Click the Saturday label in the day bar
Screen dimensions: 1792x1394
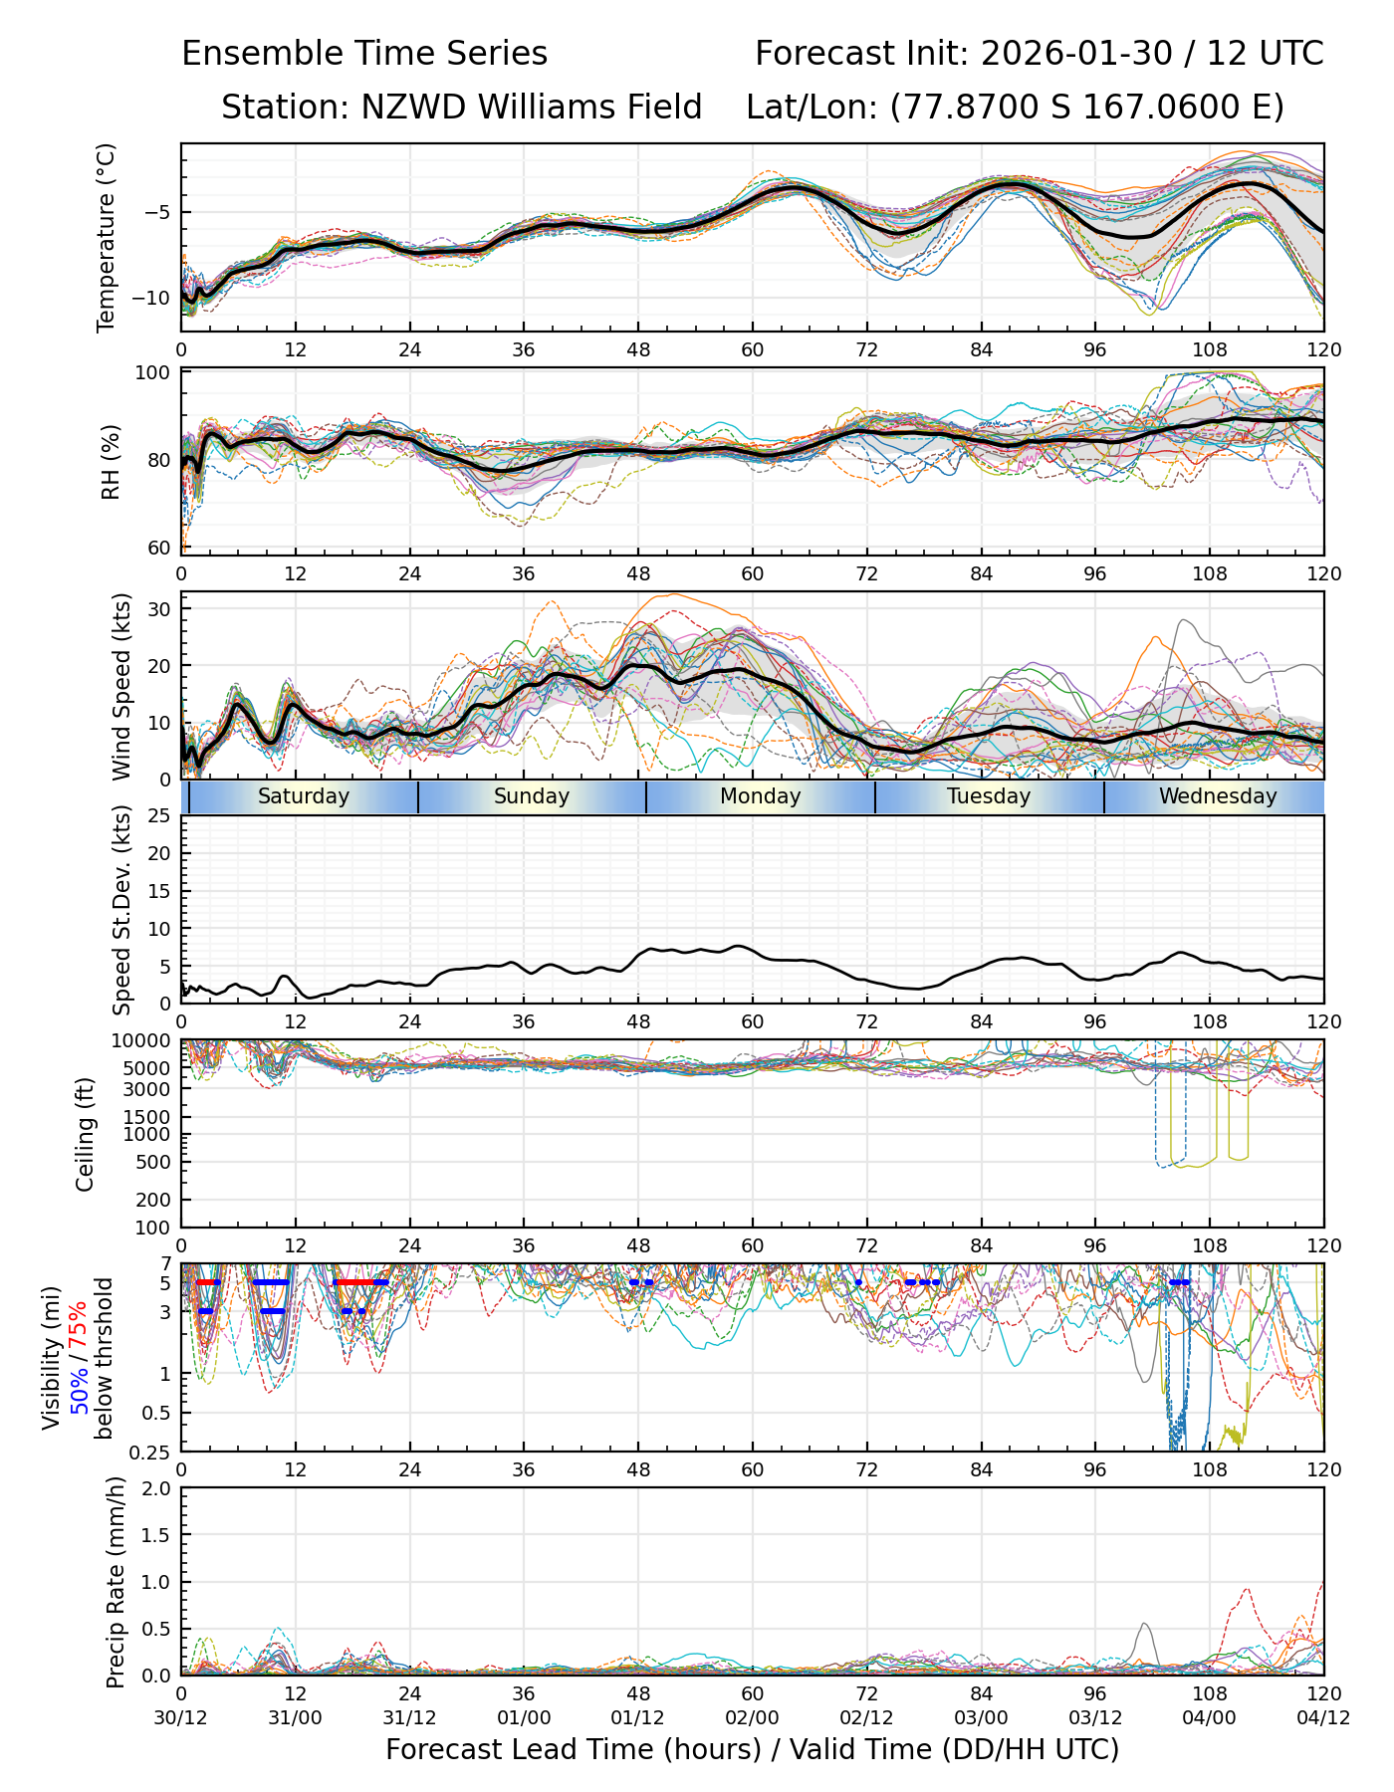304,796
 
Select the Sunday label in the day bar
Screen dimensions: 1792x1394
532,796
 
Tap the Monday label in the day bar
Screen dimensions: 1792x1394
761,796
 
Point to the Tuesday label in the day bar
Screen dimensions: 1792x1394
989,796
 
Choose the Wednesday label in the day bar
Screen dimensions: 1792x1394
1218,796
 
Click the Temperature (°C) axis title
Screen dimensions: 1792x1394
107,237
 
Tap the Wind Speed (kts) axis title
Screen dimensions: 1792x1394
121,686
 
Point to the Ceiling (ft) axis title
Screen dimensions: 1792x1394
86,1134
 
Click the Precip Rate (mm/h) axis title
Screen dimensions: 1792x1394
116,1582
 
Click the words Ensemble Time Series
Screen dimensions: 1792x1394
364,54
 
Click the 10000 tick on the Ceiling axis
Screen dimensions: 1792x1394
145,1041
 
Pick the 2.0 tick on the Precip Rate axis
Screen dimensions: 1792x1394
157,1489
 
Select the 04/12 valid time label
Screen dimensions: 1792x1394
1323,1717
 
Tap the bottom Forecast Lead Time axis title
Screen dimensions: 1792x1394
752,1749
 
